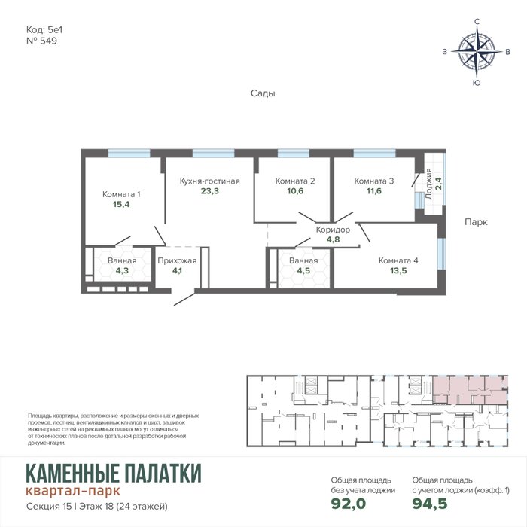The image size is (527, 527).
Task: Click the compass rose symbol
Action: tap(477, 51)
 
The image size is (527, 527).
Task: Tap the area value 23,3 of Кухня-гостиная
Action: tap(210, 191)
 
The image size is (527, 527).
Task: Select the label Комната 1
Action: tap(121, 194)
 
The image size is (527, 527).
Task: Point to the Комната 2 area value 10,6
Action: tap(295, 191)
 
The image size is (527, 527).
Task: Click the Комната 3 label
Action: tap(373, 181)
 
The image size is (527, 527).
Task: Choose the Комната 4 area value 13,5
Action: tap(398, 270)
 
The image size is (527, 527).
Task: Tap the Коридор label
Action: tap(333, 230)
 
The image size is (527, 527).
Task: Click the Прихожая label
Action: tap(177, 260)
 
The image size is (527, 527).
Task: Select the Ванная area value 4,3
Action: tap(122, 270)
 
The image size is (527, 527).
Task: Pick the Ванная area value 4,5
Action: tap(303, 270)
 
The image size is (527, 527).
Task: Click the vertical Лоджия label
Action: tap(428, 184)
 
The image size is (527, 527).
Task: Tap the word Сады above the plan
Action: tap(263, 93)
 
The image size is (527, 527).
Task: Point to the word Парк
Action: tap(476, 222)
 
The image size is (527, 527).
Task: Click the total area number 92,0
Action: tap(348, 504)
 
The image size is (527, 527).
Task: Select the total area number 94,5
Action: tap(430, 504)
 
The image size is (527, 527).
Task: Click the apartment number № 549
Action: tap(41, 41)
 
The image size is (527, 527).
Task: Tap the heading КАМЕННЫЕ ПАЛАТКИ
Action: tap(114, 474)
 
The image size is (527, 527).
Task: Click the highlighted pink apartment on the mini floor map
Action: tap(470, 390)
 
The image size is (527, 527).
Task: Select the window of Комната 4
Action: tap(442, 254)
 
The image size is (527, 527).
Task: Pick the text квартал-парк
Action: tap(73, 491)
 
